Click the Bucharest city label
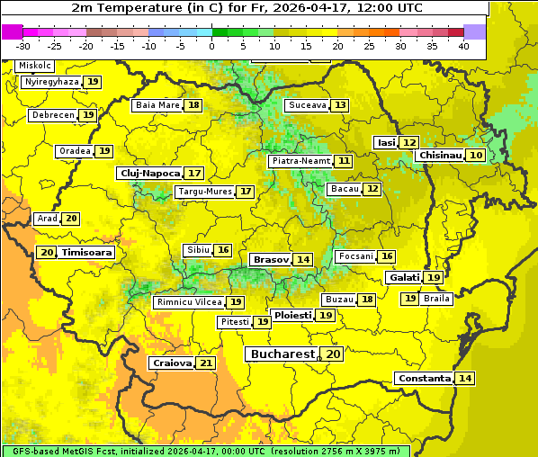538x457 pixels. [x=282, y=354]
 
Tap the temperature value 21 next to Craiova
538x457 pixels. [x=206, y=363]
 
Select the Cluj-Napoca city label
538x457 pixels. [x=149, y=173]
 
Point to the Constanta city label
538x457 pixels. [x=423, y=379]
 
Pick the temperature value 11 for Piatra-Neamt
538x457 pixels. [x=344, y=161]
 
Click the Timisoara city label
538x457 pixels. [x=87, y=253]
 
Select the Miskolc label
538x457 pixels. [x=35, y=66]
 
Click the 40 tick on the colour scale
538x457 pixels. [x=463, y=46]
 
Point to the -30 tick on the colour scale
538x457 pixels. [x=23, y=46]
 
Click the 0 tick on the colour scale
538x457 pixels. [x=211, y=46]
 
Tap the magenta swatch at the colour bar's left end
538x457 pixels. [x=12, y=31]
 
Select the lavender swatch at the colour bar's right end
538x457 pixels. [x=475, y=31]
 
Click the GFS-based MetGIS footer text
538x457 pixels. [x=205, y=451]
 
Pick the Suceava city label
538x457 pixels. [x=307, y=105]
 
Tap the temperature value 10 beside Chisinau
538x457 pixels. [x=476, y=156]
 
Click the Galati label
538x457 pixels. [x=404, y=278]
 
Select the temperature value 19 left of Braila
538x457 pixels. [x=409, y=299]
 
